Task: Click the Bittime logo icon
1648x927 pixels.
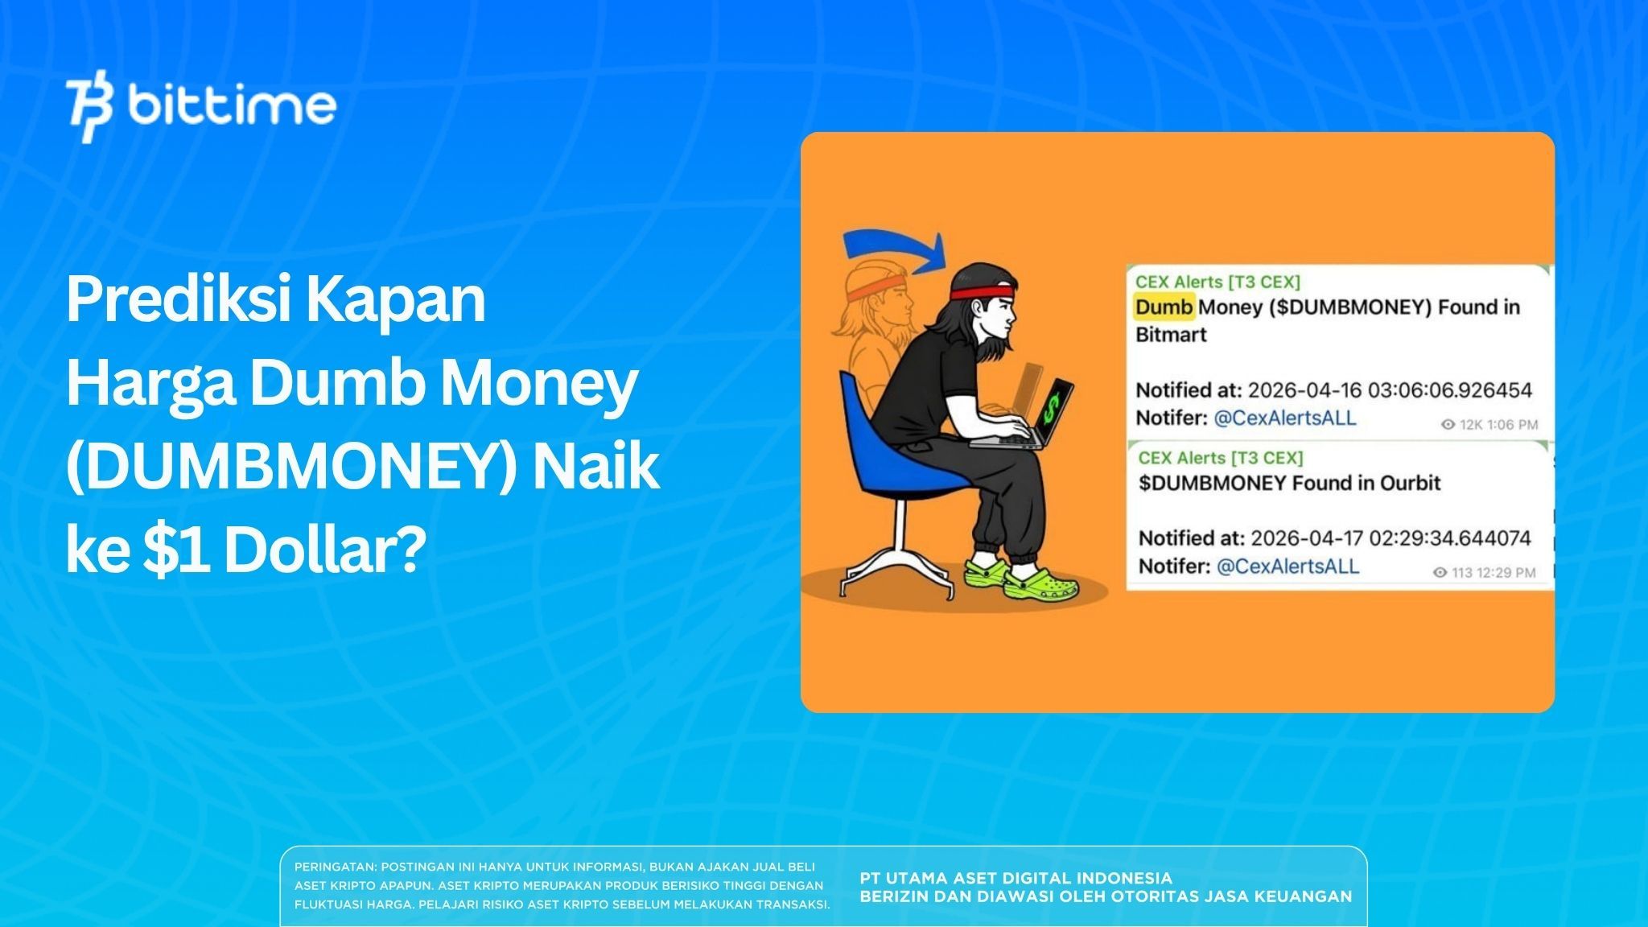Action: tap(89, 109)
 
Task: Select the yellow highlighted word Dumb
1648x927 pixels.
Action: tap(1164, 307)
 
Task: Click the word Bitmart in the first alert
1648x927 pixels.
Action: tap(1170, 335)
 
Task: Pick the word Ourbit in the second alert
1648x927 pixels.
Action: tap(1410, 483)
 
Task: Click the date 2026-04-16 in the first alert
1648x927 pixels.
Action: tap(1304, 391)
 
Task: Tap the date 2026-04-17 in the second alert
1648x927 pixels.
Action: tap(1307, 538)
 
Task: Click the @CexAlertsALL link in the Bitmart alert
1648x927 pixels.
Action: tap(1284, 418)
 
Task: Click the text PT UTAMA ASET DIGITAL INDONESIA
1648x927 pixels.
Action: tap(1016, 878)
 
